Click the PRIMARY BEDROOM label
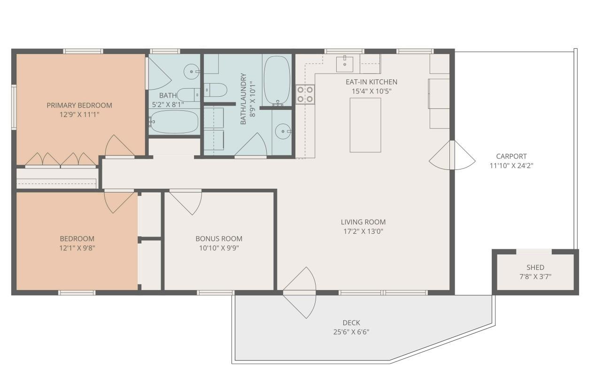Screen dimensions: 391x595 point(79,105)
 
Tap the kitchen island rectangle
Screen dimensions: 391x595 point(365,125)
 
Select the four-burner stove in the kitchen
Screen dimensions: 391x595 point(305,94)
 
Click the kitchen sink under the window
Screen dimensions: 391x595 point(345,63)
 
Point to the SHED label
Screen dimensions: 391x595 point(535,268)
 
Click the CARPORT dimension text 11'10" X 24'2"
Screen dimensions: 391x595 point(511,165)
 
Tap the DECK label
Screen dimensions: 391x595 point(351,322)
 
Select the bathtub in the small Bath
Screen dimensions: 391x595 point(174,122)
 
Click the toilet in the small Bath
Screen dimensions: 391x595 point(189,94)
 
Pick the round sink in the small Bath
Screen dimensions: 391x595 point(192,72)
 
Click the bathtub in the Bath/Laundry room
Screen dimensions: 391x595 point(277,80)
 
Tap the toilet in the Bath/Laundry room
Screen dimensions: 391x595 point(215,90)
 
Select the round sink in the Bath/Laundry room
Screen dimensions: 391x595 point(282,131)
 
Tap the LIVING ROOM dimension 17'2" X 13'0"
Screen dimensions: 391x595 point(363,231)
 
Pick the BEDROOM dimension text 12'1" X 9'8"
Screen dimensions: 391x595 point(77,247)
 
